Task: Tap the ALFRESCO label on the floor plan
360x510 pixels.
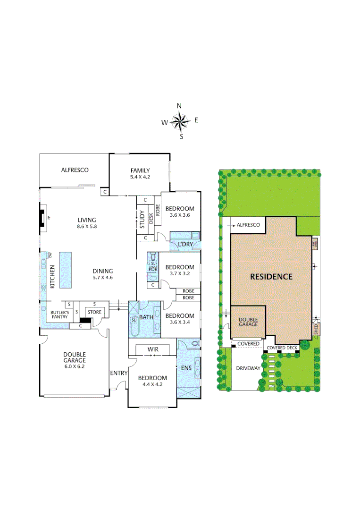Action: (x=75, y=170)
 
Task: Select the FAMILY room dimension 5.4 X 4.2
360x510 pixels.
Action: (x=140, y=177)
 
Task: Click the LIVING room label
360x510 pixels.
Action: (x=87, y=220)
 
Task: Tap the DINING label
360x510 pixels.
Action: (x=102, y=271)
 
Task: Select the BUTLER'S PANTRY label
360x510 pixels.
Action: (x=60, y=315)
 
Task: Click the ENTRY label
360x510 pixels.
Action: (x=119, y=373)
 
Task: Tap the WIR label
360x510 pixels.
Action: (x=152, y=349)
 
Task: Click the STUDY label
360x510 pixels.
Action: (x=142, y=220)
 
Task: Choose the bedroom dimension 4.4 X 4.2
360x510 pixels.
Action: (x=152, y=384)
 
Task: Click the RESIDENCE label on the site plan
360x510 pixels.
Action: (x=271, y=277)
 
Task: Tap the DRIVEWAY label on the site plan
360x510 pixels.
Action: (x=248, y=368)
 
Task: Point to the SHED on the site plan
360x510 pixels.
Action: (x=316, y=329)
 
